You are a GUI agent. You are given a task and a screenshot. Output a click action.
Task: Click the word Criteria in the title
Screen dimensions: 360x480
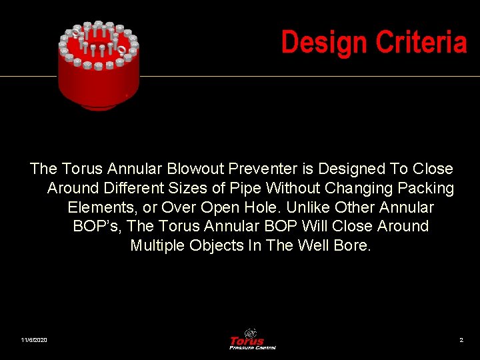click(x=421, y=43)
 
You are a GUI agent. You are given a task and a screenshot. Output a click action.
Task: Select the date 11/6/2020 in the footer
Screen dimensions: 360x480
click(x=34, y=341)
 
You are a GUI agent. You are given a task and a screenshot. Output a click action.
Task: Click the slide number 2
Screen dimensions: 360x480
click(x=461, y=341)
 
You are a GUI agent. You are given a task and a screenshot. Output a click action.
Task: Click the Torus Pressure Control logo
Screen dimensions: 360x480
click(x=252, y=339)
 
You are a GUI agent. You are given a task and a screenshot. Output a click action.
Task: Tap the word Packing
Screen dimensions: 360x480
click(x=426, y=189)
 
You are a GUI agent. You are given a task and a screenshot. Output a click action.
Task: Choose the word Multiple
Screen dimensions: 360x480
click(x=157, y=245)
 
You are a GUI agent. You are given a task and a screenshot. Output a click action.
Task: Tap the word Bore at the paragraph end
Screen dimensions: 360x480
click(x=352, y=245)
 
